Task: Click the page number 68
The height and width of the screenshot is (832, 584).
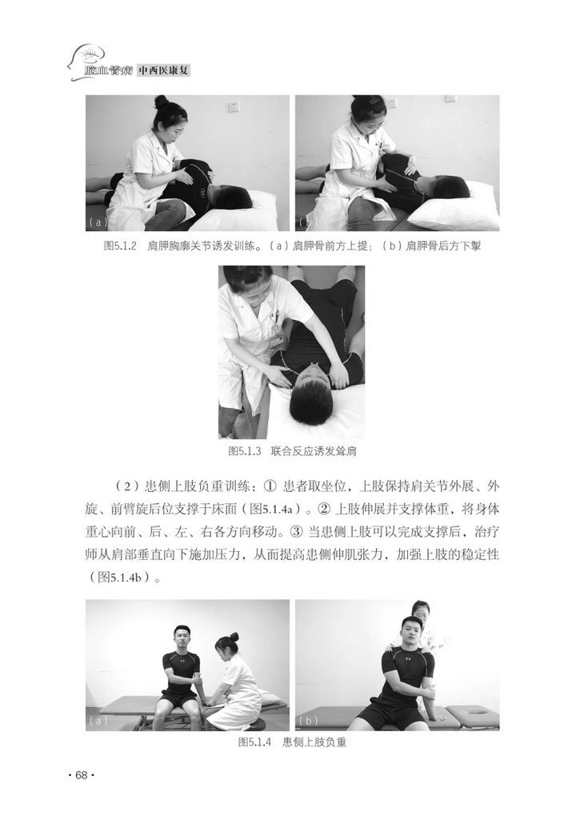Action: (x=81, y=775)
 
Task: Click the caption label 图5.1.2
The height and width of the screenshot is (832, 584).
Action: (x=121, y=246)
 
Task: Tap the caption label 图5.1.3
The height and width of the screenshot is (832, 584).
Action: (x=245, y=451)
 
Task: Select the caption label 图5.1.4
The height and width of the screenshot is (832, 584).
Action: (x=254, y=742)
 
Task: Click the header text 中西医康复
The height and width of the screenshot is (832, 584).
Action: (x=163, y=70)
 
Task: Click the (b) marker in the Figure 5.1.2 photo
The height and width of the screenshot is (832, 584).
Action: (x=308, y=222)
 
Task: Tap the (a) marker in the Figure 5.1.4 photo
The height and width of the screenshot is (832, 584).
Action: (x=98, y=721)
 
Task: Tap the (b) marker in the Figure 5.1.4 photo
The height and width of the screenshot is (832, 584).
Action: (x=308, y=721)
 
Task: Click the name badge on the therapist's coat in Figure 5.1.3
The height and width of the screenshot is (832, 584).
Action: (x=276, y=340)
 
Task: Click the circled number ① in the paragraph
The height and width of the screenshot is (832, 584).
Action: (x=270, y=486)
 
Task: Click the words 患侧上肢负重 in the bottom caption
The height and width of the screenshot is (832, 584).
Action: (x=314, y=742)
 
